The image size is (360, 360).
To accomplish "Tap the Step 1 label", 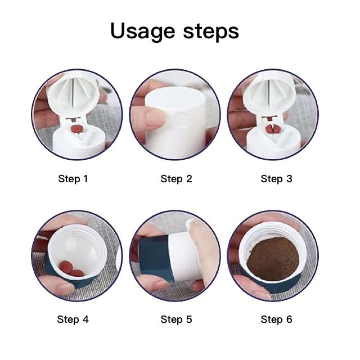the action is tap(73, 179).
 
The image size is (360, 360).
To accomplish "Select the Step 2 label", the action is tap(176, 179).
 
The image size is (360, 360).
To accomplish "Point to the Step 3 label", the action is tap(276, 179).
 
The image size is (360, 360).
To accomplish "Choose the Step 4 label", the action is tap(73, 319).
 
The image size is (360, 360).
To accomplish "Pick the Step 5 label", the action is tap(176, 319).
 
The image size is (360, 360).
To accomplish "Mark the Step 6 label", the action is tap(276, 319).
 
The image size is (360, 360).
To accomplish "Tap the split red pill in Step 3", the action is tap(272, 129).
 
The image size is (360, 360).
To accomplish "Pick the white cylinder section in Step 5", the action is tap(183, 256).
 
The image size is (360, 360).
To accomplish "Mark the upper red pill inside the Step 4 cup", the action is tap(65, 266).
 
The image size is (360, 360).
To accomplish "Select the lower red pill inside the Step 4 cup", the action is tap(76, 273).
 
